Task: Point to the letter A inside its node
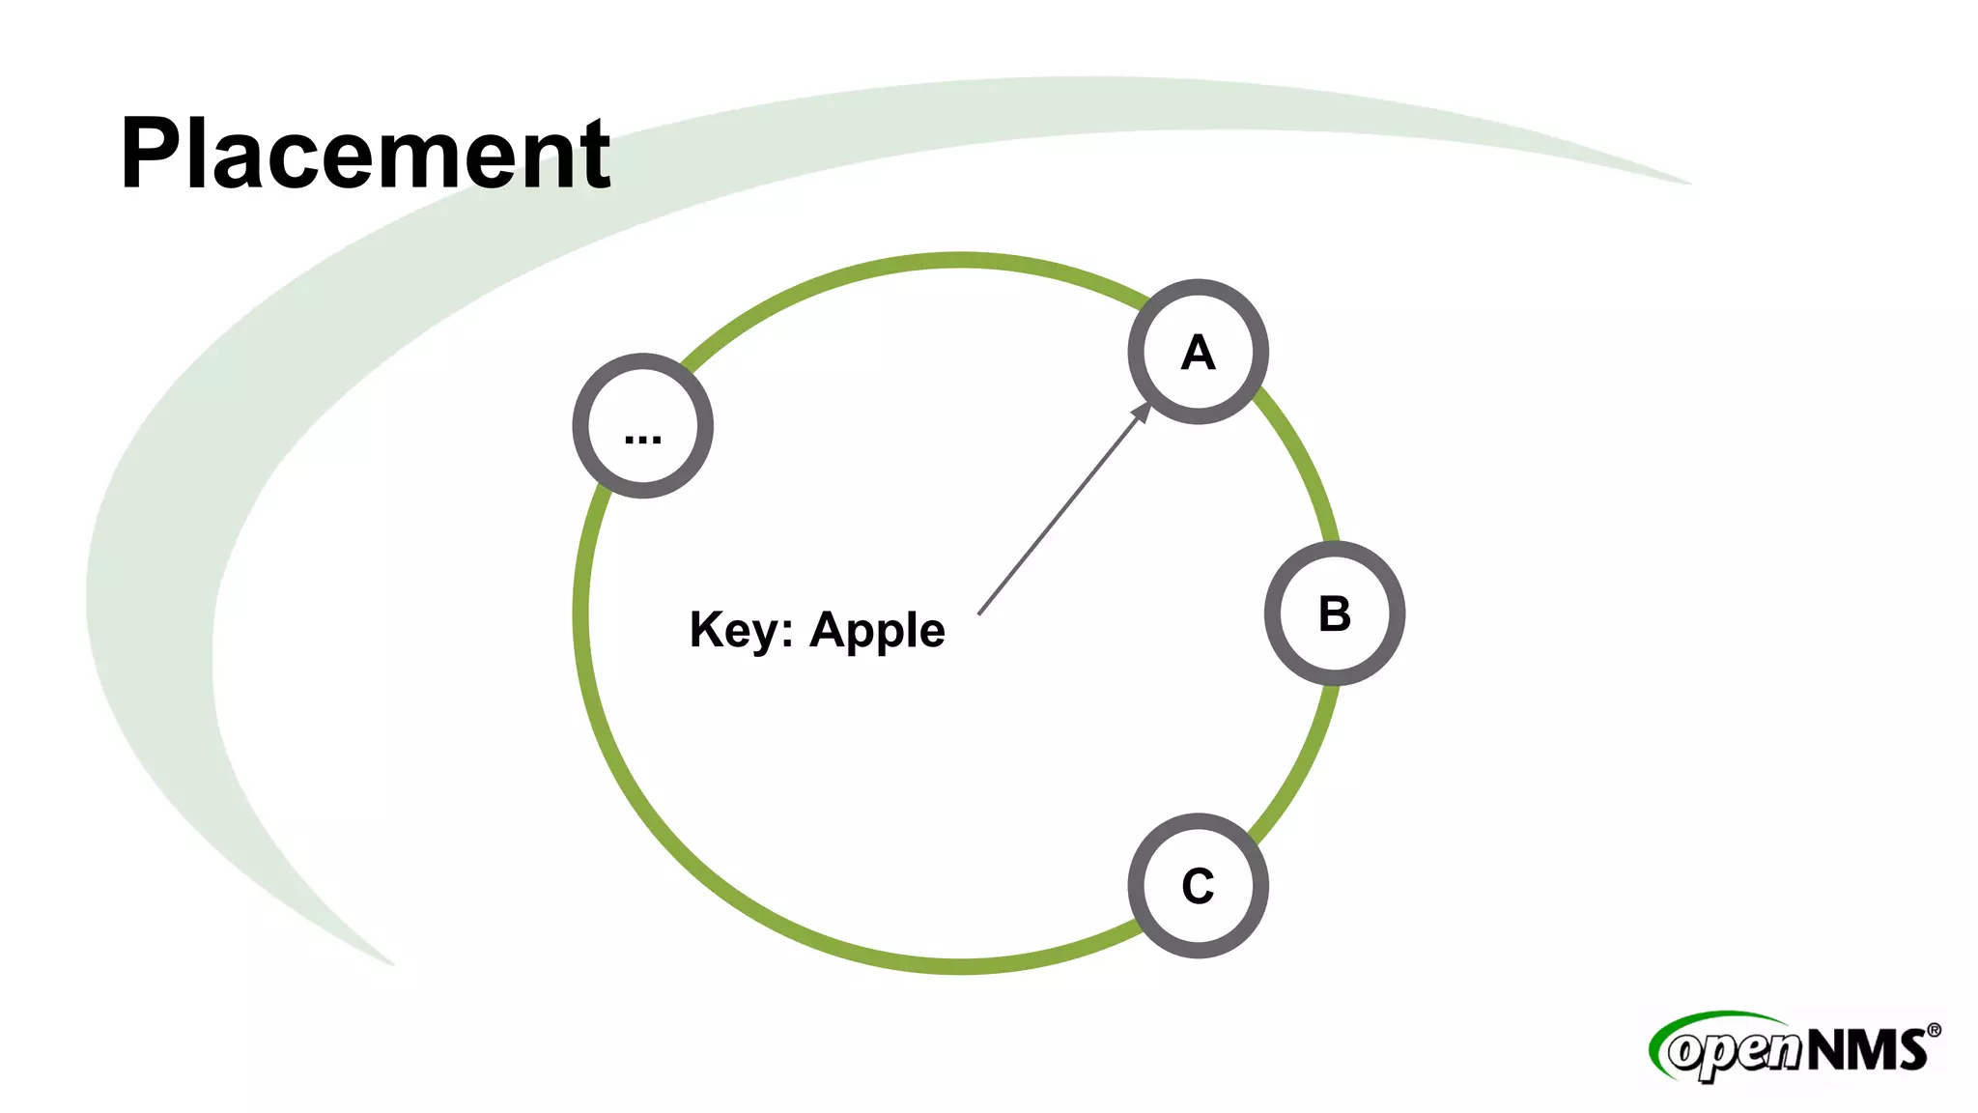(x=1198, y=353)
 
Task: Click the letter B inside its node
(x=1335, y=614)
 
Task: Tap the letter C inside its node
(x=1198, y=886)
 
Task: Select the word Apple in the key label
(x=877, y=631)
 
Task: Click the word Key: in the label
(x=741, y=631)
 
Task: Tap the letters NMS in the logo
(x=1866, y=1049)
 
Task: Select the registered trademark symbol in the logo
(x=1934, y=1031)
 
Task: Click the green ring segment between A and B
(x=1303, y=462)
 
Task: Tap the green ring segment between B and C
(x=1300, y=768)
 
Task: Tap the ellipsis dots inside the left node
(x=642, y=440)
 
